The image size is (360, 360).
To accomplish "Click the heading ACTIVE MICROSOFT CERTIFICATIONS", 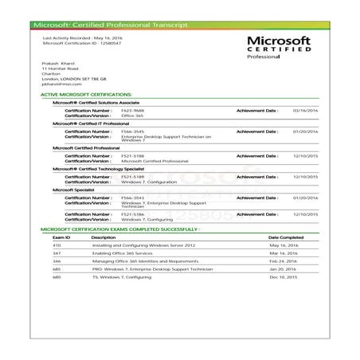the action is (85, 94).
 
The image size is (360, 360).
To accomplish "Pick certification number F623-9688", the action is (132, 111).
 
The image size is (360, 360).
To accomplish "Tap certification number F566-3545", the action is (132, 131).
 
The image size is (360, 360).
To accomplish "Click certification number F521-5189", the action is (132, 176).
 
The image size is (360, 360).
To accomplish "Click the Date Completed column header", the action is (285, 237).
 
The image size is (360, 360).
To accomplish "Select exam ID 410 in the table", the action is (57, 246).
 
